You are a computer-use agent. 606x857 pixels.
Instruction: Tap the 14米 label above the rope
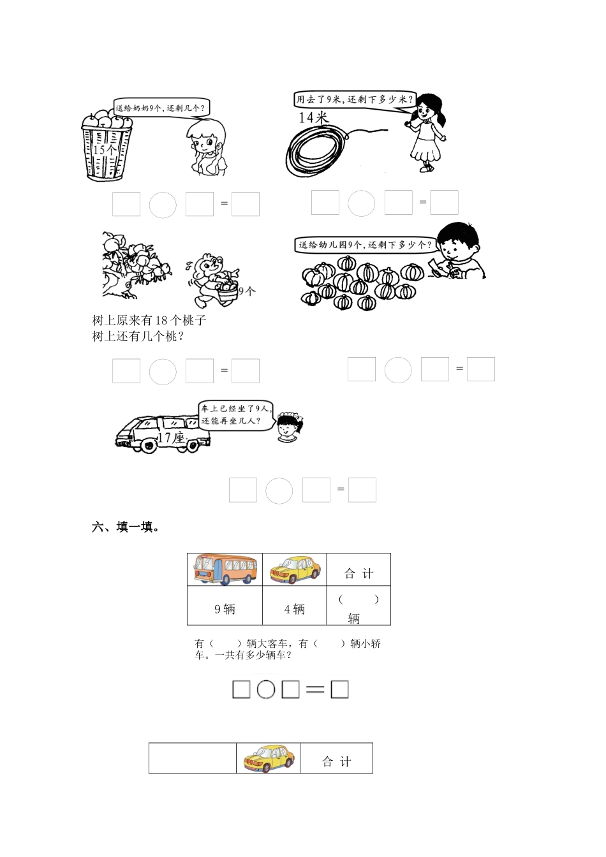tap(313, 117)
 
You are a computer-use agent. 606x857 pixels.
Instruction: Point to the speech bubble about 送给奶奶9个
tap(162, 108)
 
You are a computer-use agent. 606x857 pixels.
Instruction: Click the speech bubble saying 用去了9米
tap(353, 99)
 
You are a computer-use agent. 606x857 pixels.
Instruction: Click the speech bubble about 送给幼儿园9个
tap(364, 244)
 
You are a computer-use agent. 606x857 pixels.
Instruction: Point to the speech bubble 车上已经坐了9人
tap(235, 414)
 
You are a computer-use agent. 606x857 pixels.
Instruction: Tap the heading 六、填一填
tap(126, 527)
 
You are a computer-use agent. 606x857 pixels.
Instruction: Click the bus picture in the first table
tap(225, 569)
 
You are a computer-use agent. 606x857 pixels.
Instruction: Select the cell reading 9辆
tap(225, 609)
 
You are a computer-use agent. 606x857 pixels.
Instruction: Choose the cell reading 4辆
tap(294, 609)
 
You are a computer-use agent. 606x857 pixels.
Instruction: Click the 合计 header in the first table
tap(358, 573)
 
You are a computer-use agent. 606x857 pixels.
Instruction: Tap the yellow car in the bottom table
tap(269, 758)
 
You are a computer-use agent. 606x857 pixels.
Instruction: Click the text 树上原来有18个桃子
tap(149, 320)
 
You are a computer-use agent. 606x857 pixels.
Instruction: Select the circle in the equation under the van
tap(279, 490)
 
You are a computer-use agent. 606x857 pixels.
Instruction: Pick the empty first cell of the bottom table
tap(193, 758)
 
